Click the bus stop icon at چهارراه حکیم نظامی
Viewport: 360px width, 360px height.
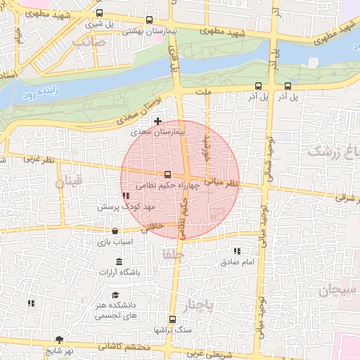pyautogui.click(x=167, y=174)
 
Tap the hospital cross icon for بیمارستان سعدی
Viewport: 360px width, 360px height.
pyautogui.click(x=158, y=121)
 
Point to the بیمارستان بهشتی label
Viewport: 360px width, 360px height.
pyautogui.click(x=148, y=32)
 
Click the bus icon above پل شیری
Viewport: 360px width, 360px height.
pyautogui.click(x=98, y=13)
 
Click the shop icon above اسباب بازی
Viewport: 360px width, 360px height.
pyautogui.click(x=115, y=230)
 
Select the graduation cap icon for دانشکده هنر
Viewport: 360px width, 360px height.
pyautogui.click(x=115, y=295)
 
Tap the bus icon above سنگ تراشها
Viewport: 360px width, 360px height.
pyautogui.click(x=172, y=319)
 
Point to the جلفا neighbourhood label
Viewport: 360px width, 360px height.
pyautogui.click(x=172, y=253)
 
